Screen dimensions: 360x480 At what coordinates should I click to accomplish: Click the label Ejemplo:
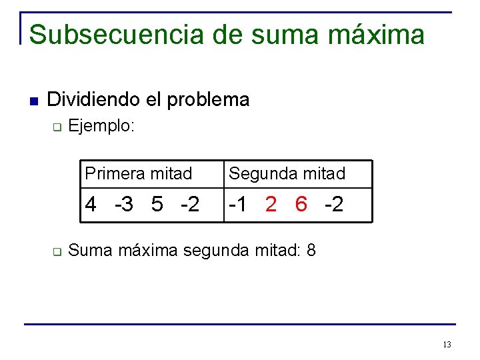coord(102,125)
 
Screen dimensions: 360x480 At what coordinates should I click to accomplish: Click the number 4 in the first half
coord(91,205)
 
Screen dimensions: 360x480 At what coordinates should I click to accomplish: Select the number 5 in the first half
coord(157,205)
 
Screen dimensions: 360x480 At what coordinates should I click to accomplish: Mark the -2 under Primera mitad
coord(189,205)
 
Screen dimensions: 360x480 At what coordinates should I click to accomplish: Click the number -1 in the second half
coord(239,205)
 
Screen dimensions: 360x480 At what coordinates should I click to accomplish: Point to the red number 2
coord(271,205)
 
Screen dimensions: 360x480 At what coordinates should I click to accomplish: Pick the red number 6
coord(301,205)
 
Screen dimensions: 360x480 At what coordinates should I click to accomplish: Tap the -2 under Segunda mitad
coord(334,205)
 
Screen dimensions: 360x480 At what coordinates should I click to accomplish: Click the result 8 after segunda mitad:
coord(311,251)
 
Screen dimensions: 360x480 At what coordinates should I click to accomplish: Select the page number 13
coord(447,345)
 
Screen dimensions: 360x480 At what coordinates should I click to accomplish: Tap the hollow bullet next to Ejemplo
coord(57,127)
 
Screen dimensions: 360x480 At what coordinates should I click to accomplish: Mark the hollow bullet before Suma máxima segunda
coord(57,253)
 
